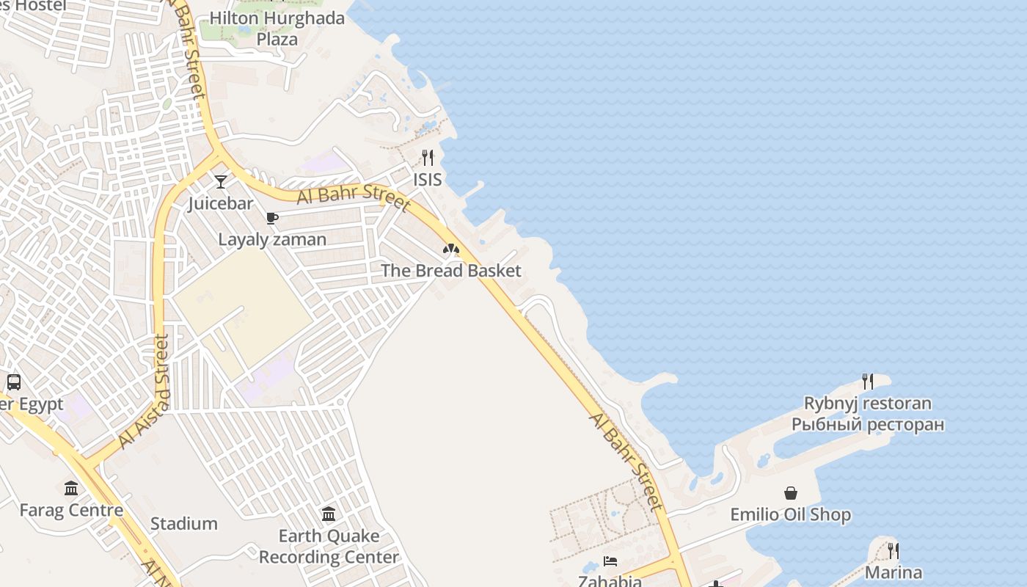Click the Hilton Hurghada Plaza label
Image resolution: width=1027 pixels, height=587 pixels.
(277, 29)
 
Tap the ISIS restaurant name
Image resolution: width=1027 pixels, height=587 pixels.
(428, 180)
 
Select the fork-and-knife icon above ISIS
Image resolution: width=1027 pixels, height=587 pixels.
(428, 157)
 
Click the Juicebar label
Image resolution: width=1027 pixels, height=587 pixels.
(220, 203)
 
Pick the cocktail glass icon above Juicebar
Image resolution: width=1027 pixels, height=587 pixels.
(221, 181)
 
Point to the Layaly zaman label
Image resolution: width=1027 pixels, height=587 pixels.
(272, 239)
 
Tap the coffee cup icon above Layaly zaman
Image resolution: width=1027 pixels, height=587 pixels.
(272, 218)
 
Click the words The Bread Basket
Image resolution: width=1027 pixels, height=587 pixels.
(451, 271)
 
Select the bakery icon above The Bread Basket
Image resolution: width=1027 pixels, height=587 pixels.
(451, 249)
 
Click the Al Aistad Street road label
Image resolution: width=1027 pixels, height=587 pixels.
(144, 392)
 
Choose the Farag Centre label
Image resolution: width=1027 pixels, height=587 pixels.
(71, 510)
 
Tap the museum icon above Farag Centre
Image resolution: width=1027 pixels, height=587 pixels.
(71, 488)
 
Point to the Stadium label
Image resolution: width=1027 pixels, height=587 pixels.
(184, 524)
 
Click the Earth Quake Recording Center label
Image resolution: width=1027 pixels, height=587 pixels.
(329, 547)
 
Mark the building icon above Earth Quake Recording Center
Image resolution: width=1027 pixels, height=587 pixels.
(329, 514)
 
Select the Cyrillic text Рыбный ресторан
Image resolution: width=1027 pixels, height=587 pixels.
(868, 424)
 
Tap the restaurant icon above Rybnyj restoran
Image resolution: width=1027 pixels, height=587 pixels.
(868, 382)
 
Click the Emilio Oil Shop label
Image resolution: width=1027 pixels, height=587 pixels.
(791, 515)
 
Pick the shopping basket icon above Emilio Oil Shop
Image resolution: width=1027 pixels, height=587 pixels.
(791, 493)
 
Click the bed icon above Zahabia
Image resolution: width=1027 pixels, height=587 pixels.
(610, 561)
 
